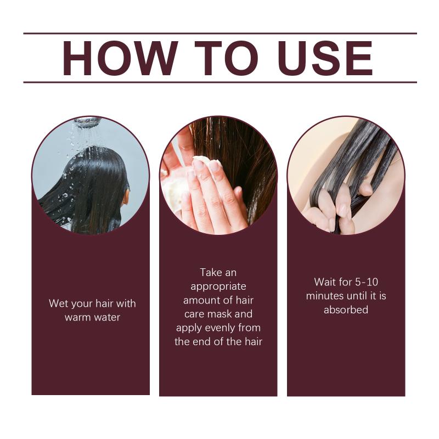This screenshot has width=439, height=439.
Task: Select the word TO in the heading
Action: point(226,58)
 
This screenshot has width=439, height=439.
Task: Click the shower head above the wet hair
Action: point(88,121)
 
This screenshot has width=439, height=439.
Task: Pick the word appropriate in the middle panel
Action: point(218,286)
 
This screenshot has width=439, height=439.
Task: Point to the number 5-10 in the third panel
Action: point(367,282)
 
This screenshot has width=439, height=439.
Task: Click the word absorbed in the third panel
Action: point(346,309)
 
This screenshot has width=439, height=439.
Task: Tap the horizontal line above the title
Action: point(220,33)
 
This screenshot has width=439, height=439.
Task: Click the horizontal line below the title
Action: point(220,82)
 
